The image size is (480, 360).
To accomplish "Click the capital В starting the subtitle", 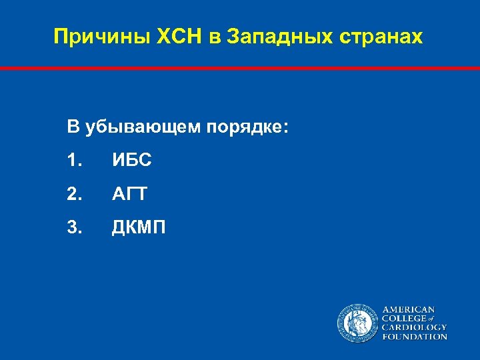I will [73, 127].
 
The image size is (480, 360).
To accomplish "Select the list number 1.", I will [74, 161].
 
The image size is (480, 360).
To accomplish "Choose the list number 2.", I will [74, 194].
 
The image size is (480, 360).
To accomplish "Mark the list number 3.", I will [74, 228].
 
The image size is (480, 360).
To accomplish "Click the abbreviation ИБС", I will [131, 161].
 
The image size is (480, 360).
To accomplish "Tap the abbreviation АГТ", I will [129, 194].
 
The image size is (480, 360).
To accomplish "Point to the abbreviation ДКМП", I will [139, 228].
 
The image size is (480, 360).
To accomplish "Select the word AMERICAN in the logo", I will [408, 310].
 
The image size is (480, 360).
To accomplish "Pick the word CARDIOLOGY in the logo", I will [414, 328].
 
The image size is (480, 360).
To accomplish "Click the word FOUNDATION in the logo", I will [414, 337].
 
